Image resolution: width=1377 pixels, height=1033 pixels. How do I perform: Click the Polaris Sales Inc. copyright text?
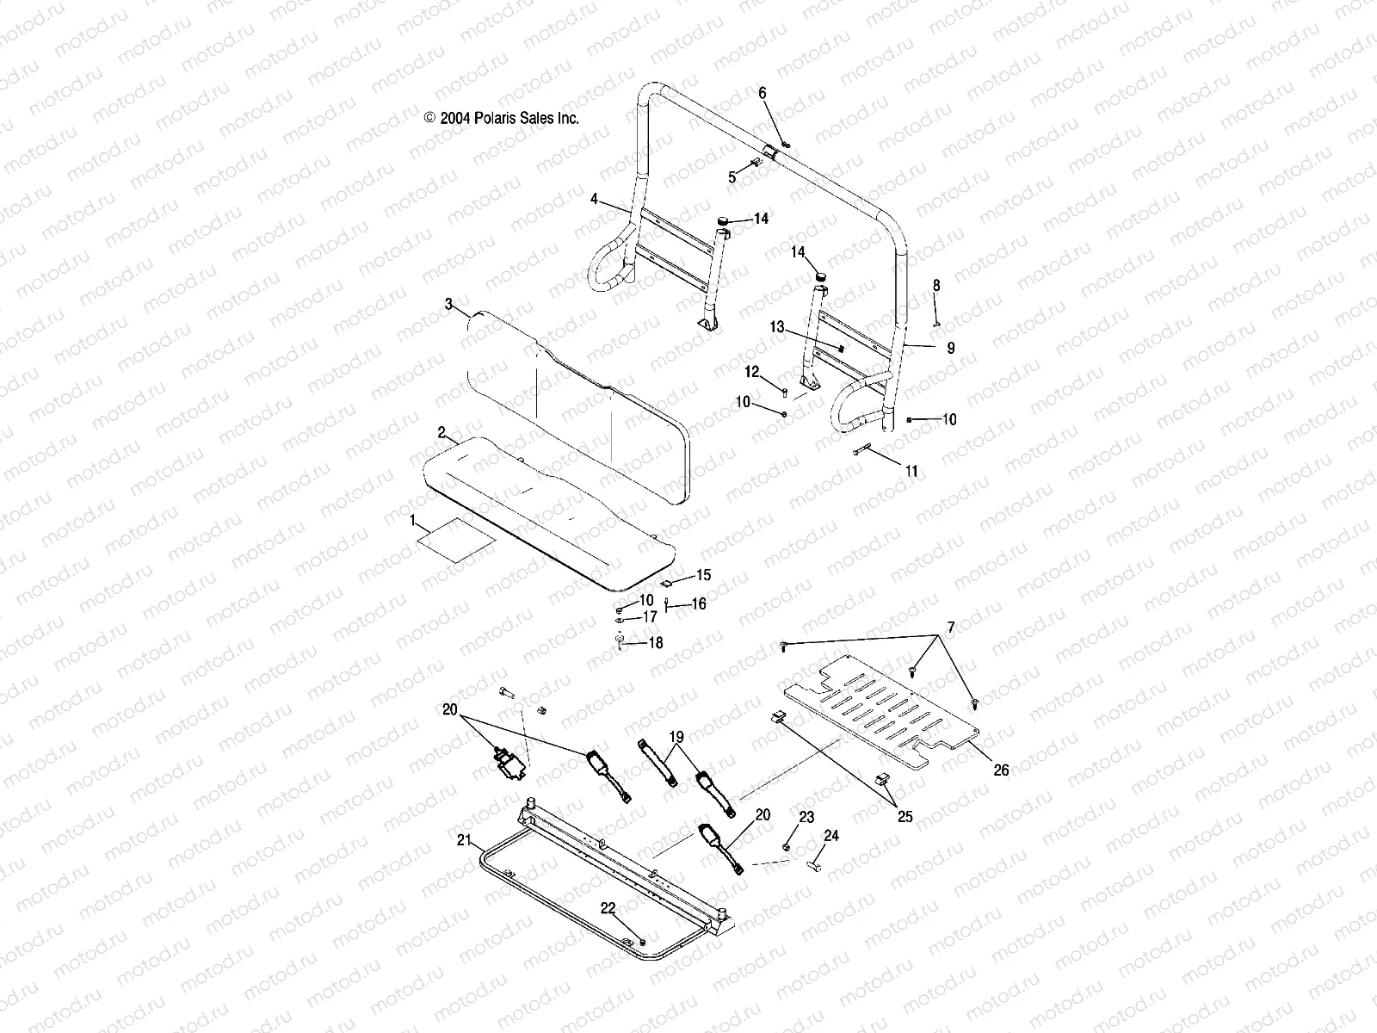coord(502,119)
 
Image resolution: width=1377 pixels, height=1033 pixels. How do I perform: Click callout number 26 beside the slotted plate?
coord(1001,770)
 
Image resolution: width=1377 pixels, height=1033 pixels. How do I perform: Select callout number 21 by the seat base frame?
coord(464,839)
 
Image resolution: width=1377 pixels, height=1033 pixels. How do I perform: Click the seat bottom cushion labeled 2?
coord(534,508)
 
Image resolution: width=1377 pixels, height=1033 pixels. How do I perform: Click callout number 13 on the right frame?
coord(778,327)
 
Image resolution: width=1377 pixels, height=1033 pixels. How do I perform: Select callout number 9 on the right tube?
coord(951,349)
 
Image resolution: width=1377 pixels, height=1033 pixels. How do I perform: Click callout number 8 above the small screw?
coord(936,286)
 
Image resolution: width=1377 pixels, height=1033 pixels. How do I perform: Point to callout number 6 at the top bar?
coord(762,92)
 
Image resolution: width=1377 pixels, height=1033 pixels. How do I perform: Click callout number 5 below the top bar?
coord(732,177)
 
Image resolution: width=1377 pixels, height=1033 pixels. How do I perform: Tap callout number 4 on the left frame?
coord(618,199)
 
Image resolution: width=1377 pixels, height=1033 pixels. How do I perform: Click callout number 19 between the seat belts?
coord(676,737)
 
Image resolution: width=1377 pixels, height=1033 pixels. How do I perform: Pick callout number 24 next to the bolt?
coord(831,836)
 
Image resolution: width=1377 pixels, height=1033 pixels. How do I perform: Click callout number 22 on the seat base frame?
coord(608,908)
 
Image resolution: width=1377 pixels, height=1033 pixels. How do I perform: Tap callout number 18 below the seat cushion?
coord(656,643)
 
